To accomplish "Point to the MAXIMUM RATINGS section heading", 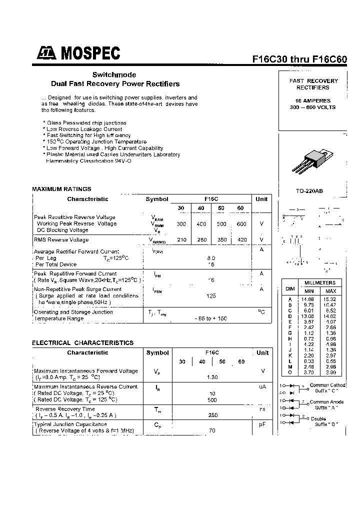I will [x=62, y=189].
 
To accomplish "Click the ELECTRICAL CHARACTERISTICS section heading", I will [x=83, y=343].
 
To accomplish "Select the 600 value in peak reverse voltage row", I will [x=241, y=224].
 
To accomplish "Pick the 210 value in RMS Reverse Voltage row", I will [x=181, y=240].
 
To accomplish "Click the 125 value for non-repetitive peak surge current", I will [x=211, y=296].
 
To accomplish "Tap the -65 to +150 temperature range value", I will [x=211, y=318].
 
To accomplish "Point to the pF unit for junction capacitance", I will [x=261, y=423].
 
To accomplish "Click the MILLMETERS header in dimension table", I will [x=320, y=283].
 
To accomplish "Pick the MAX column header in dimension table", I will [x=331, y=291].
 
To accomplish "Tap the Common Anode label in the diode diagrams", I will [x=327, y=402].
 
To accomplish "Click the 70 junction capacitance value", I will [x=211, y=430].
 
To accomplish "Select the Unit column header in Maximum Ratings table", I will [x=261, y=199].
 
